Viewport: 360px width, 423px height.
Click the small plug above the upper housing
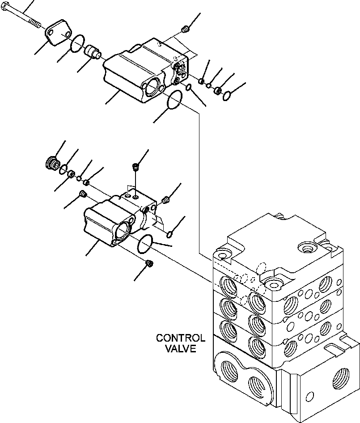tap(185, 30)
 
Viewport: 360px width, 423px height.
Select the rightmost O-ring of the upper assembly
tap(227, 95)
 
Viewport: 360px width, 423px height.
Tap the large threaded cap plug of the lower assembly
tap(53, 163)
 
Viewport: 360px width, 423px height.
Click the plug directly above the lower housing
tap(135, 168)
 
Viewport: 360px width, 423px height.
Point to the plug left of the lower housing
tap(82, 194)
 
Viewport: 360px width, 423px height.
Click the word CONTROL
tap(180, 338)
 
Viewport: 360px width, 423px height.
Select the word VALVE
tap(180, 349)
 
